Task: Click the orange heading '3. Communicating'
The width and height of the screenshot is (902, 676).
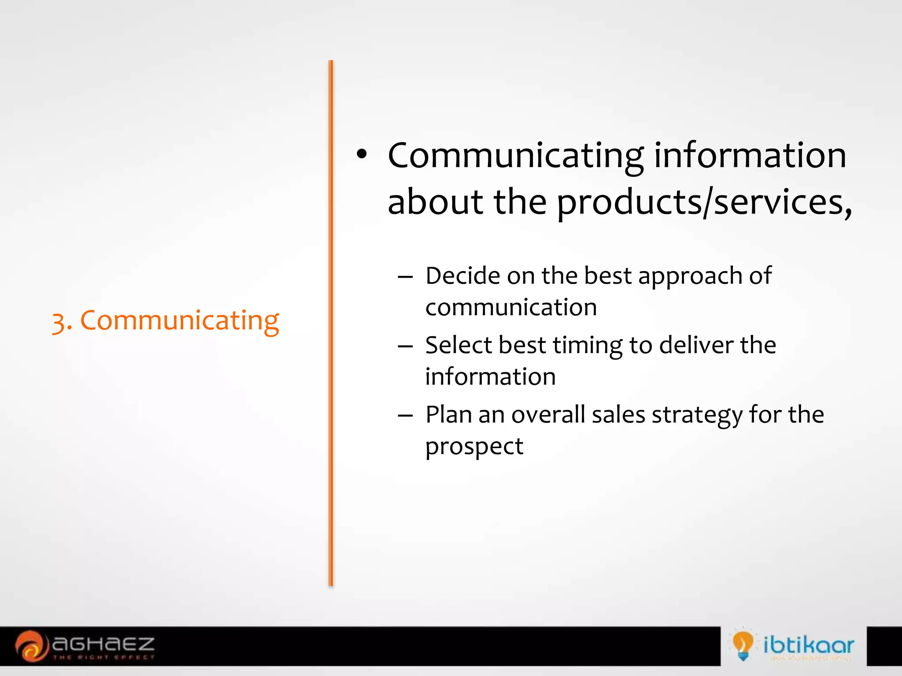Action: (x=165, y=320)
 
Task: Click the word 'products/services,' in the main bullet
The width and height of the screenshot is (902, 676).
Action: (x=704, y=202)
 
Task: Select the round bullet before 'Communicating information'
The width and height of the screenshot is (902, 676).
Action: (x=362, y=154)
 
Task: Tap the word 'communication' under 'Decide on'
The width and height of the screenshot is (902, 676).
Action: (x=511, y=307)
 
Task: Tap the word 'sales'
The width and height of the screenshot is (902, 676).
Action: (x=618, y=415)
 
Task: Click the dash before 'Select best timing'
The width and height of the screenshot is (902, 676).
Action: (x=405, y=346)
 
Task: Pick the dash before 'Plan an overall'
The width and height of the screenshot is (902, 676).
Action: (x=405, y=415)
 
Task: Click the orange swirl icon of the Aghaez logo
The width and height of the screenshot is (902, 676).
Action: (x=31, y=646)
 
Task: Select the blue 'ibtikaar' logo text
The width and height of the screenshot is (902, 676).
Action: (x=808, y=645)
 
